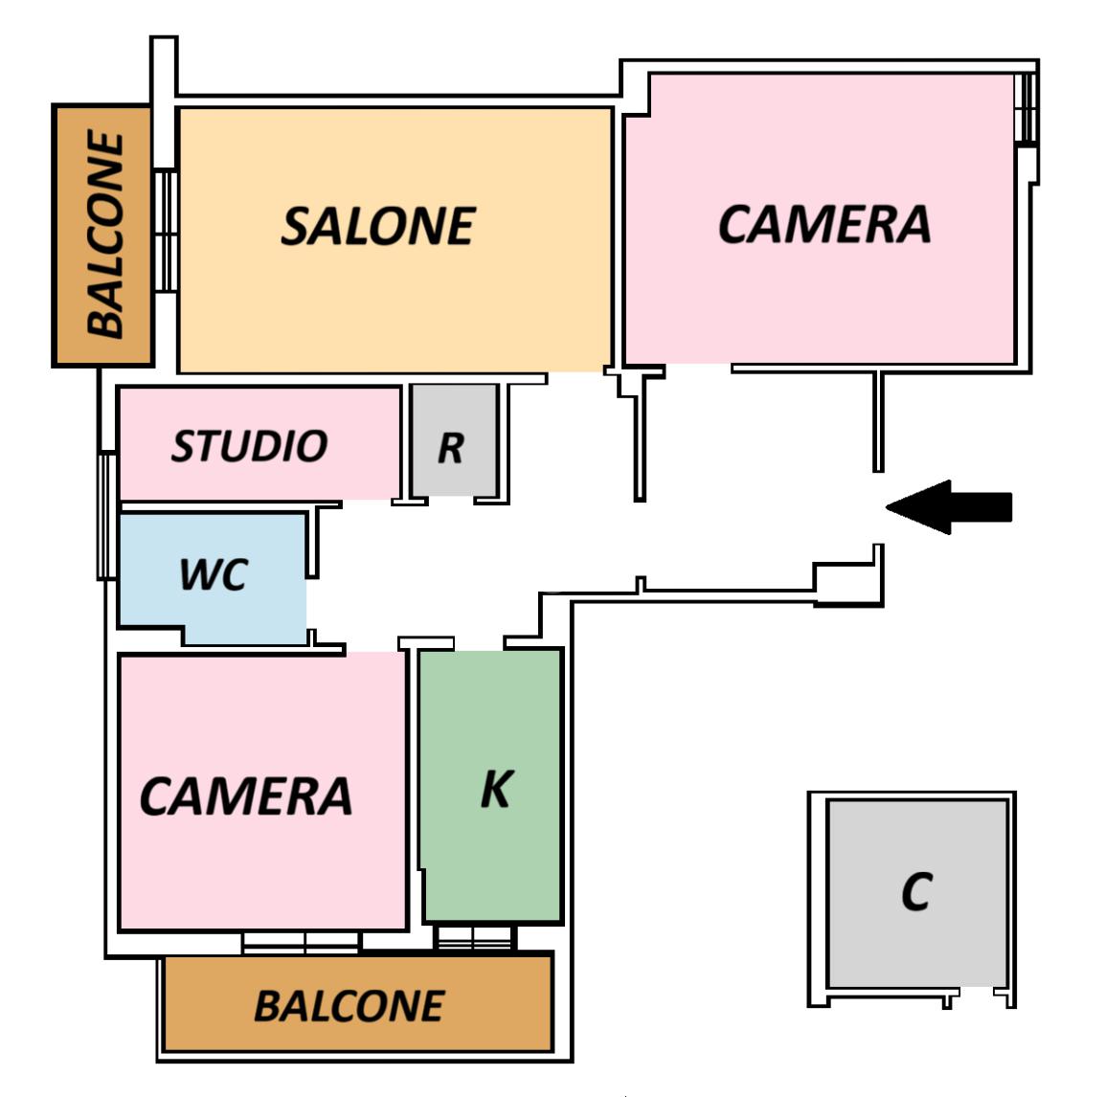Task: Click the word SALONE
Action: pyautogui.click(x=377, y=226)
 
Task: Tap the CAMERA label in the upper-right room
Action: pyautogui.click(x=823, y=224)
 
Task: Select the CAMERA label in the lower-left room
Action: pyautogui.click(x=246, y=796)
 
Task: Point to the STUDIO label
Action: pyautogui.click(x=249, y=446)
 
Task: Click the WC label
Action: pyautogui.click(x=213, y=574)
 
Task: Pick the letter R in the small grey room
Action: pyautogui.click(x=451, y=447)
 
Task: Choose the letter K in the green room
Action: pyautogui.click(x=496, y=789)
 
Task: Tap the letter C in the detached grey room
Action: pyautogui.click(x=916, y=892)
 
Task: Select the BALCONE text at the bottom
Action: pyautogui.click(x=349, y=1006)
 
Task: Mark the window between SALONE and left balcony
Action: pyautogui.click(x=166, y=231)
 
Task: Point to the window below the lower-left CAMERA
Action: pyautogui.click(x=301, y=943)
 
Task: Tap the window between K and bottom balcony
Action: pyautogui.click(x=475, y=937)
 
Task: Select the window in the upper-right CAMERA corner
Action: pyautogui.click(x=1026, y=108)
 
